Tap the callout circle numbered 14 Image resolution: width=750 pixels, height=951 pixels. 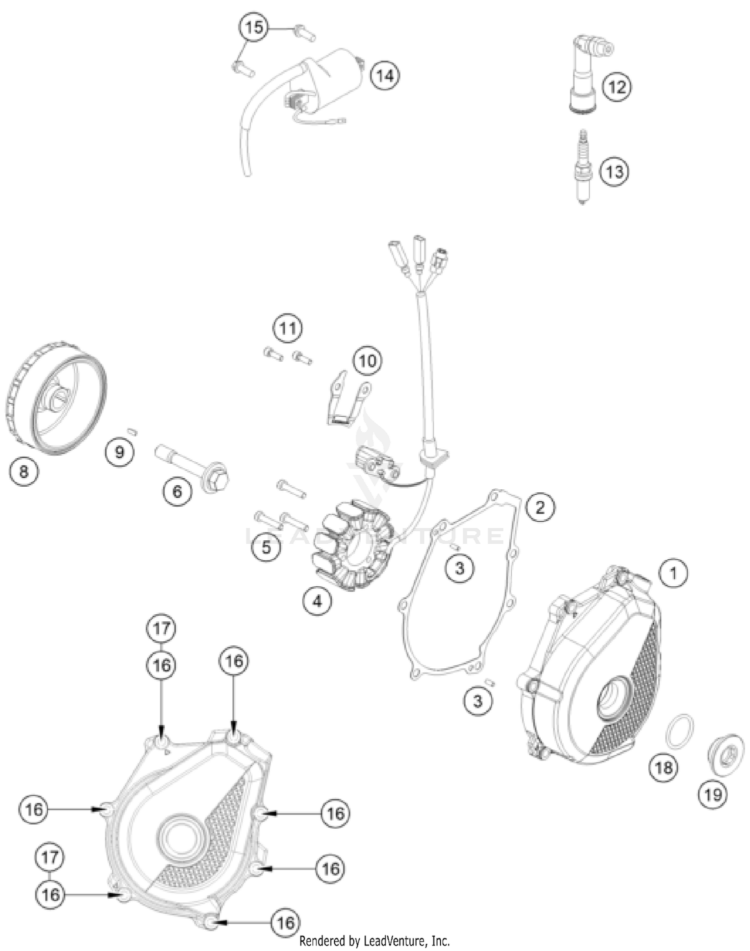tap(385, 76)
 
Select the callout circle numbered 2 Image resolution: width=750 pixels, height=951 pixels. tap(540, 507)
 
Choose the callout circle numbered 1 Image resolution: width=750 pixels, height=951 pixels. tap(673, 573)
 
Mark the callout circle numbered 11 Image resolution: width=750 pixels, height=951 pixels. tap(287, 329)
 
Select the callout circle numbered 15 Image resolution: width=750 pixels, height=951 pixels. tap(253, 27)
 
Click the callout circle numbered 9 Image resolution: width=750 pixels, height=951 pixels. tap(119, 452)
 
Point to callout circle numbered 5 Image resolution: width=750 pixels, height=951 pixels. tap(266, 547)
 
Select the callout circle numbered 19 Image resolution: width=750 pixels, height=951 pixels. tap(712, 794)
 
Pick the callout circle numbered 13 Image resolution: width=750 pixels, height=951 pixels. tap(614, 172)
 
